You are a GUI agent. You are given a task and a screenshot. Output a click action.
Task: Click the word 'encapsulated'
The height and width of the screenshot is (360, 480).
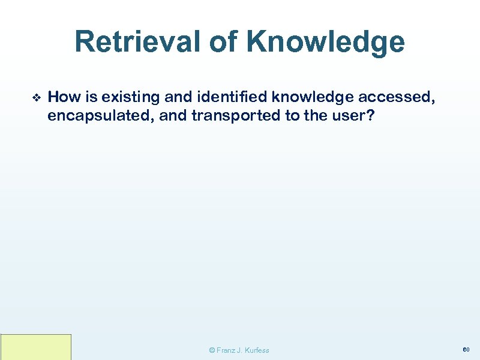coord(100,115)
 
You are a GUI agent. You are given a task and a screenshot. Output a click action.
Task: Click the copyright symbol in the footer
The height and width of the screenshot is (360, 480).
coord(211,350)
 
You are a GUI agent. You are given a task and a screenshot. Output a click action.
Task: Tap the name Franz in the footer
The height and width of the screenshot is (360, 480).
coord(226,350)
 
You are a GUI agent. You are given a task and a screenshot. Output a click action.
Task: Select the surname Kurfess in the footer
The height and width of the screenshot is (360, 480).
coord(257,350)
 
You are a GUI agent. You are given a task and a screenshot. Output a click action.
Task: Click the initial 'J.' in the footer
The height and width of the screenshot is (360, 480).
coord(241,350)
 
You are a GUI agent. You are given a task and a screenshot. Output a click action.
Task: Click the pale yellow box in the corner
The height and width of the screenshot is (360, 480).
coord(36,347)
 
